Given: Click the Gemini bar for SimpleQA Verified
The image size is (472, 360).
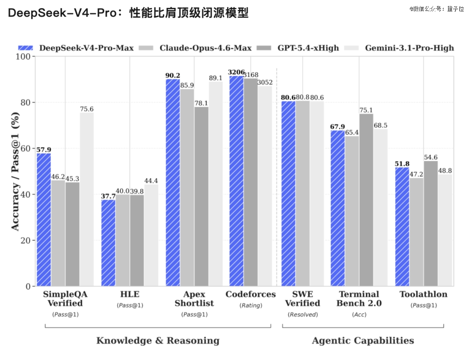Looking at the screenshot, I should (x=87, y=199).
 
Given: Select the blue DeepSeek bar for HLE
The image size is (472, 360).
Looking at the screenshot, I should (x=108, y=242).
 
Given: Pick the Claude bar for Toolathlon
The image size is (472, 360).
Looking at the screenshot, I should (x=416, y=232).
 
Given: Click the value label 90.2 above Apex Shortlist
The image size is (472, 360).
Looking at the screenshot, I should (x=173, y=75).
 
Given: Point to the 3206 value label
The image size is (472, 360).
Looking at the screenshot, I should (x=236, y=72).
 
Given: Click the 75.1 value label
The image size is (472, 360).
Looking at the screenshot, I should (x=366, y=110).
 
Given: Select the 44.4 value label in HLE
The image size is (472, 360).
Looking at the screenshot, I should (x=151, y=180).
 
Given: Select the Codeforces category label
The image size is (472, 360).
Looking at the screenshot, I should (x=250, y=294).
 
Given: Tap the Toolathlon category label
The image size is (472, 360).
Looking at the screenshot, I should (x=423, y=294).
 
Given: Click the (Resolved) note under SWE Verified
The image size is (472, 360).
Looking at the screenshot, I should (x=303, y=315).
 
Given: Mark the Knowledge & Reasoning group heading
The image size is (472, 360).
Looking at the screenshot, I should (x=158, y=341).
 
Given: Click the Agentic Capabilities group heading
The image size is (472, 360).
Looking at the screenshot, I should (x=363, y=341).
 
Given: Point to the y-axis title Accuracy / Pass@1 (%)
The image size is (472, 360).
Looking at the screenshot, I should (x=15, y=171).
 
